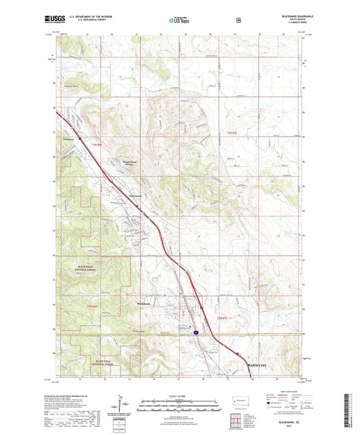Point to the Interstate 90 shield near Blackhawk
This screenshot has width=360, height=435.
click(194, 333)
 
